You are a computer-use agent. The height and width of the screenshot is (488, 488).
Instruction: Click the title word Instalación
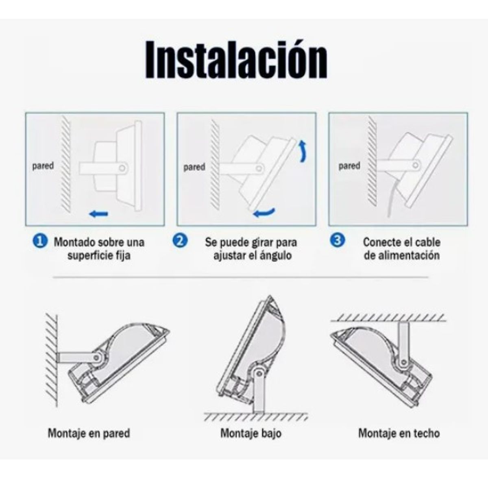236,60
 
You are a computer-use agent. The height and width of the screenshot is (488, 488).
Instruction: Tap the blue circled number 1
39,241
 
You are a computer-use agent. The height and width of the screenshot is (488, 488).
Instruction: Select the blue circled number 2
180,241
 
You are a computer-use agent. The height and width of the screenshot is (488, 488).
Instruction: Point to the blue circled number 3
337,240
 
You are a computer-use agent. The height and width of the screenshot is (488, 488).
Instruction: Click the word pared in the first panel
43,166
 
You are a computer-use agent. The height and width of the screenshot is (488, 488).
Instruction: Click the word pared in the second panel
194,167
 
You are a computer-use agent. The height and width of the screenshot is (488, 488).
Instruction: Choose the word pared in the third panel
349,166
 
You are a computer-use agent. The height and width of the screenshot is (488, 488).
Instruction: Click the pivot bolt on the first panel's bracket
122,167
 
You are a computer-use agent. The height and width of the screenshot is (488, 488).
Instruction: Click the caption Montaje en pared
89,433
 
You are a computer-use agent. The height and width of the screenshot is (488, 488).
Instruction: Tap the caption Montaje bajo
251,433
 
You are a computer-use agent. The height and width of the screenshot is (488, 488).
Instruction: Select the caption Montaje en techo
399,433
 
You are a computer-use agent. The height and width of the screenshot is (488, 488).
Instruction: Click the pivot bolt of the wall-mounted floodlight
97,357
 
